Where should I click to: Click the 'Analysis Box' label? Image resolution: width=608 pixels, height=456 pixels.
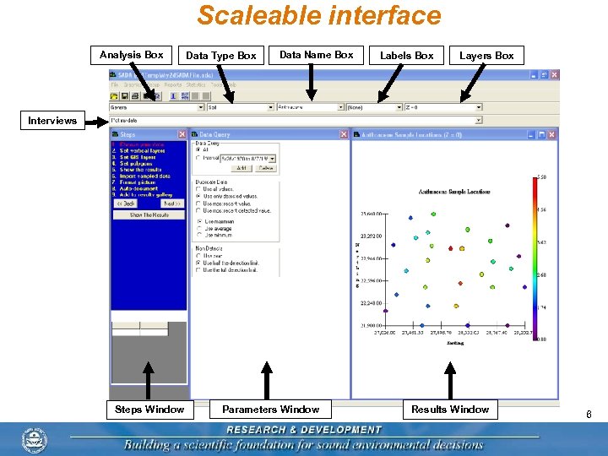pos(131,55)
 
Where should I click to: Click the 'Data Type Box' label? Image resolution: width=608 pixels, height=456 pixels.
pos(220,56)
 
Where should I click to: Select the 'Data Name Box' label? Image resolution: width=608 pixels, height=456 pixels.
pos(316,55)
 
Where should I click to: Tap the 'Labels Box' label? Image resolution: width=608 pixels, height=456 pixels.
pos(406,56)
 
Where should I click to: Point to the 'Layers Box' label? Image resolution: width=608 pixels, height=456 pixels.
pos(486,56)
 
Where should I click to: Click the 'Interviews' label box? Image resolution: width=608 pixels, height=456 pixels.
pos(52,121)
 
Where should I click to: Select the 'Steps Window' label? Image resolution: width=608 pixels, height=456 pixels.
pos(149,410)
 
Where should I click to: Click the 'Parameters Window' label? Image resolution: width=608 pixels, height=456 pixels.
pos(270,410)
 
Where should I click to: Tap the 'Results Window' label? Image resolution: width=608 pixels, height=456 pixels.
pos(450,410)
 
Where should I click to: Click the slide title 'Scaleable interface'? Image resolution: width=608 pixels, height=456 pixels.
pos(319,15)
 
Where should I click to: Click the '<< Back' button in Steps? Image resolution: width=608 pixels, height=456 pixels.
pos(126,204)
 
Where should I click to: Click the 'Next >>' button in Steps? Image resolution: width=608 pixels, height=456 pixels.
pos(171,204)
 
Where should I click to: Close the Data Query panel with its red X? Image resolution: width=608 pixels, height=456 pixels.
pos(344,134)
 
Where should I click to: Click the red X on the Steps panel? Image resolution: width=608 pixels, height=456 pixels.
pos(182,134)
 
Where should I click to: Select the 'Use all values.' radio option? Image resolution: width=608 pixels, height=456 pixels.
pos(199,189)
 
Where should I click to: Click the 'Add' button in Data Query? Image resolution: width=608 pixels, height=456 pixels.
pos(241,168)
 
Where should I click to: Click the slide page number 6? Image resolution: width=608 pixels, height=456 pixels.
pos(589,414)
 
